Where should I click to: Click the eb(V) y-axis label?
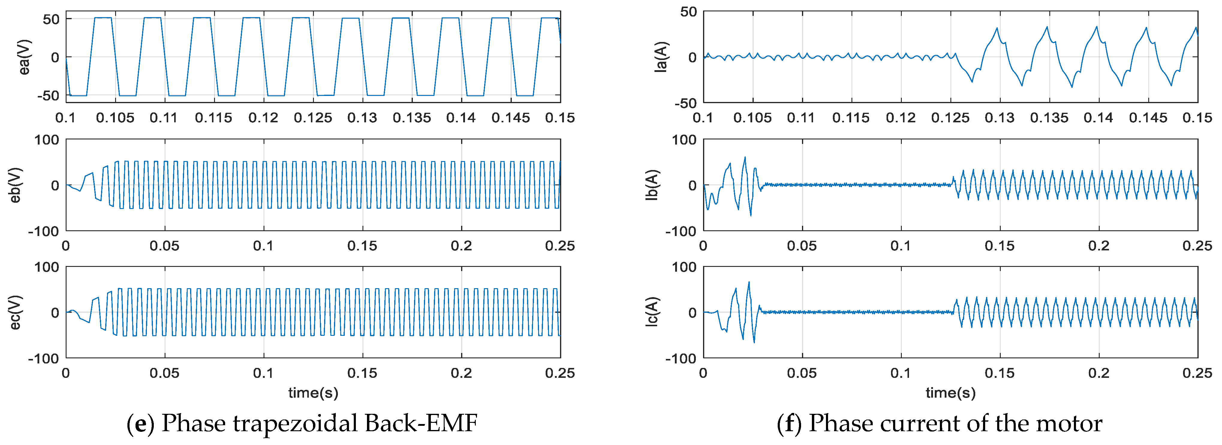point(15,185)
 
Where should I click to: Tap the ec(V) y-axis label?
point(15,312)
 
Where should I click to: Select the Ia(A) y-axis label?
point(661,57)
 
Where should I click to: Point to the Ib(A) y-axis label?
point(652,185)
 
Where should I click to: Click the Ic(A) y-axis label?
point(652,312)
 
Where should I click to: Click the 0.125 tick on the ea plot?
point(313,118)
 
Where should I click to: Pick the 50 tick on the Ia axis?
point(688,12)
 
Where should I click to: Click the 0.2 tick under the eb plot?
point(461,246)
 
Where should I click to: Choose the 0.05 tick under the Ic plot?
point(802,373)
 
